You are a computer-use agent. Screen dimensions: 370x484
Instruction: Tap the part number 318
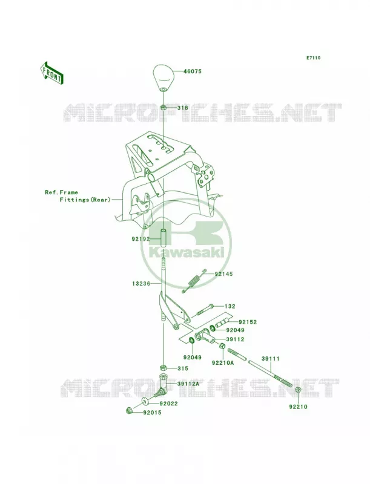182,108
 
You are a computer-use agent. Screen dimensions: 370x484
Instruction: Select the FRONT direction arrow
51,73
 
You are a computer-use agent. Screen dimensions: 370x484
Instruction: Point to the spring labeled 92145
194,281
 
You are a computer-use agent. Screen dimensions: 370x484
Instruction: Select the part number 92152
248,322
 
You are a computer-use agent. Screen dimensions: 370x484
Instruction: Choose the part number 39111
271,359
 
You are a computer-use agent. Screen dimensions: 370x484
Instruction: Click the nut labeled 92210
298,390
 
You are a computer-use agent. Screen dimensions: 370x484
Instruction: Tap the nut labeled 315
164,368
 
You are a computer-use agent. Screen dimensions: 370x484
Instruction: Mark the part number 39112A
188,384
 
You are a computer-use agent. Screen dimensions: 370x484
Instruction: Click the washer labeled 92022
146,402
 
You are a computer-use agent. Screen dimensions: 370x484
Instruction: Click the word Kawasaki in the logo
187,253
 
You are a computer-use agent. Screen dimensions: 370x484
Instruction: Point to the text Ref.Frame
61,192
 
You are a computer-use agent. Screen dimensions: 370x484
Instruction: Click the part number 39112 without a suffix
235,339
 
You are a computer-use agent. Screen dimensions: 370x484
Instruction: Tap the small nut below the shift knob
164,108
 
